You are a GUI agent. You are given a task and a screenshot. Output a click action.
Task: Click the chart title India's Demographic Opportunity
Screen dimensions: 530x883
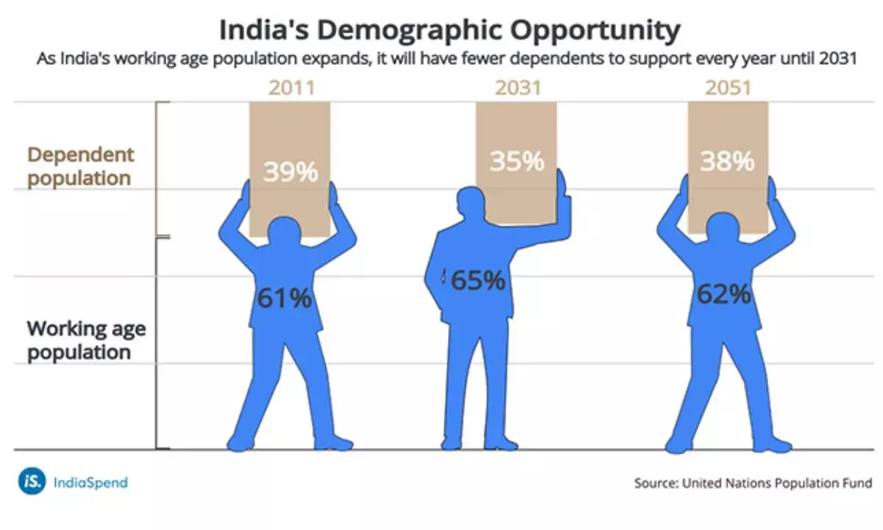[x=448, y=31]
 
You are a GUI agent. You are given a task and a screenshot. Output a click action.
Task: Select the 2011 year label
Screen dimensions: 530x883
[x=291, y=88]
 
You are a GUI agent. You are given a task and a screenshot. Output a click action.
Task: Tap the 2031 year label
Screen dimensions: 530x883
[x=517, y=88]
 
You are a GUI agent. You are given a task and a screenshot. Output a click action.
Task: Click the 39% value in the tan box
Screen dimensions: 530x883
[x=291, y=172]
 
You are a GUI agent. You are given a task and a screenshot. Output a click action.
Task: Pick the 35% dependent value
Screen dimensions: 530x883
[x=517, y=160]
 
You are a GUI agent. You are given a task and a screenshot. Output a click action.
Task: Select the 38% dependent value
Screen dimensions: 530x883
[x=727, y=160]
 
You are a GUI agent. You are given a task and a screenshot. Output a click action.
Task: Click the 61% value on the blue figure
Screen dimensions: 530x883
[x=284, y=299]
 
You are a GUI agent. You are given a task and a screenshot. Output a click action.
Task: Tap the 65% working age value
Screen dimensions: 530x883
[x=478, y=280]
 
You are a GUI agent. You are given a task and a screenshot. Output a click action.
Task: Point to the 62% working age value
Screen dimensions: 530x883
[x=724, y=294]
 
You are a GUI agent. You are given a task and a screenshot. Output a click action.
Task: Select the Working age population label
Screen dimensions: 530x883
[x=86, y=340]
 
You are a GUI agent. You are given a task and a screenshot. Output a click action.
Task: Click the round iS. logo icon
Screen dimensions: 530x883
[x=32, y=482]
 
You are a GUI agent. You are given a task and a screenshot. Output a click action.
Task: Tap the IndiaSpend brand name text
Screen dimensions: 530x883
[x=91, y=483]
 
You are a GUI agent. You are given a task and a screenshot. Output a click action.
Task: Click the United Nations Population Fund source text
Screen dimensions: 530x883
[x=753, y=484]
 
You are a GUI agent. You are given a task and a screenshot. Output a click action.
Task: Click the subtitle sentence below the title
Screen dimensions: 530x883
[x=447, y=60]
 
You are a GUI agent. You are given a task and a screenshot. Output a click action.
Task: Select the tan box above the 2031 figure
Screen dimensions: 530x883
[x=517, y=132]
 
